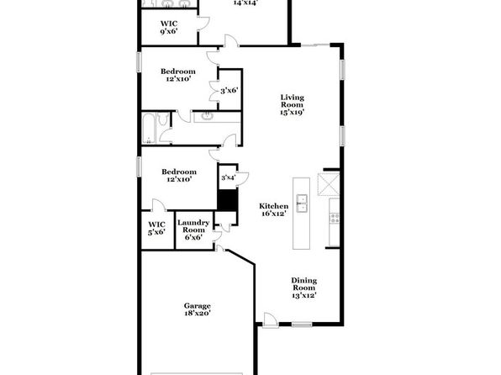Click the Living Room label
pyautogui.click(x=292, y=104)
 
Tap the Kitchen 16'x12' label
pyautogui.click(x=273, y=209)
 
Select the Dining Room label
pyautogui.click(x=303, y=288)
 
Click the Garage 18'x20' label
pyautogui.click(x=198, y=309)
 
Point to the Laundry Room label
pyautogui.click(x=193, y=230)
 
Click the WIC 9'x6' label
pyautogui.click(x=169, y=27)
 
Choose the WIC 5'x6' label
pyautogui.click(x=156, y=228)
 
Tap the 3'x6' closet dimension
pyautogui.click(x=229, y=91)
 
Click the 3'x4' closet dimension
pyautogui.click(x=228, y=177)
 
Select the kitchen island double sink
pyautogui.click(x=301, y=203)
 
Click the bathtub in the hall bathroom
pyautogui.click(x=149, y=128)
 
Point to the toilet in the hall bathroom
pyautogui.click(x=164, y=119)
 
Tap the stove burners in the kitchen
pyautogui.click(x=335, y=219)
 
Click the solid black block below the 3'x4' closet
pyautogui.click(x=228, y=200)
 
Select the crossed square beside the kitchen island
pyautogui.click(x=328, y=184)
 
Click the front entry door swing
pyautogui.click(x=271, y=320)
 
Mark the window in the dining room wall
pyautogui.click(x=302, y=325)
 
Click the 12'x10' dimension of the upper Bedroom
pyautogui.click(x=178, y=79)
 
